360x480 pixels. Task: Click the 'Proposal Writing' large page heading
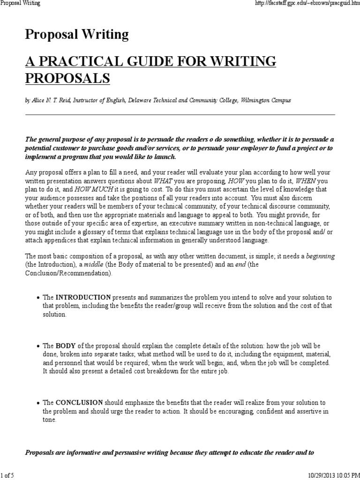[76, 34]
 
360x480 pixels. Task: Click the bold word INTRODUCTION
[83, 297]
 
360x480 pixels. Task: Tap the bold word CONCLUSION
[79, 403]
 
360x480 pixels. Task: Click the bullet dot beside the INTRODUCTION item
[37, 298]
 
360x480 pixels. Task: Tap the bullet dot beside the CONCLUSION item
[37, 403]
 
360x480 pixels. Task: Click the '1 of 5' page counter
[7, 475]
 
